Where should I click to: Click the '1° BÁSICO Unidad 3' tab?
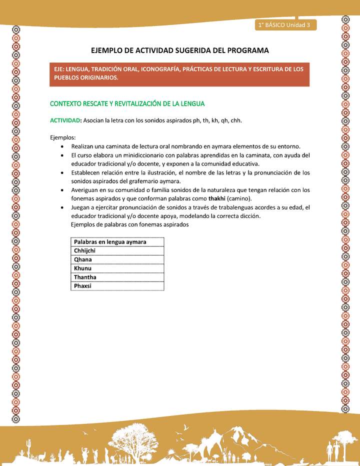click(x=284, y=24)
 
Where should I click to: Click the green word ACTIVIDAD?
click(x=65, y=120)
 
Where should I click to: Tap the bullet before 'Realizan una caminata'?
click(x=61, y=146)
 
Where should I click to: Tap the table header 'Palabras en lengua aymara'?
click(x=110, y=242)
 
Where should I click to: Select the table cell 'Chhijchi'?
click(x=85, y=250)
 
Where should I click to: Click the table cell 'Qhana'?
click(x=83, y=259)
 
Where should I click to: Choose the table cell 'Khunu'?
click(x=82, y=268)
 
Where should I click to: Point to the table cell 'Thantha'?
click(x=85, y=277)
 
